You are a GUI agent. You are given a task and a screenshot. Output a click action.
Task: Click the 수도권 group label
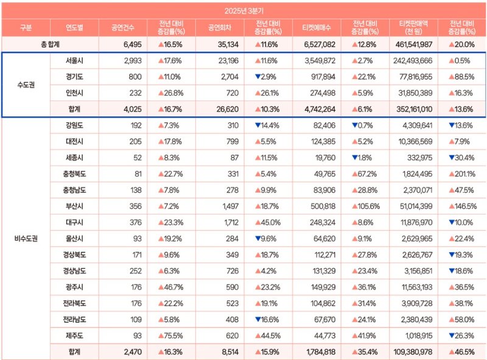[26, 85]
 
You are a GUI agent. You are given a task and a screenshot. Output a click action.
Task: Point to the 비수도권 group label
[26, 238]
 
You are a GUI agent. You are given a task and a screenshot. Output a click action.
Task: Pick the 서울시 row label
[74, 61]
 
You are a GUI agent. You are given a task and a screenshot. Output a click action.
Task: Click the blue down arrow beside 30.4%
[452, 158]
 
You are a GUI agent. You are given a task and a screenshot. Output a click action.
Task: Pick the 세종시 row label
[74, 158]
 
